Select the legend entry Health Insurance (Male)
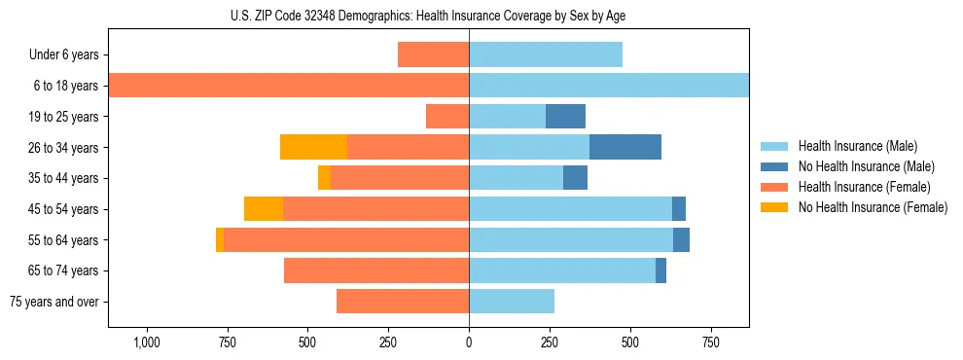856,146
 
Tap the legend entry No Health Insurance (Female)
872,207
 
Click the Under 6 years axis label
63,55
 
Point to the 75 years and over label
54,302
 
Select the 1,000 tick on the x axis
147,342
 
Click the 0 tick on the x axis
469,342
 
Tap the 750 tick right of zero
711,342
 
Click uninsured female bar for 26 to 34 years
313,147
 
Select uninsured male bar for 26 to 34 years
624,147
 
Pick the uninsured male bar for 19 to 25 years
565,117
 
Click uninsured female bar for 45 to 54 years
264,209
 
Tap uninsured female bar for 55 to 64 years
220,239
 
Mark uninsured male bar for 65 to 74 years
660,270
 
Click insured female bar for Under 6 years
433,55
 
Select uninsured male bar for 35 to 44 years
575,178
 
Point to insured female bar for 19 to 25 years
447,117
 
